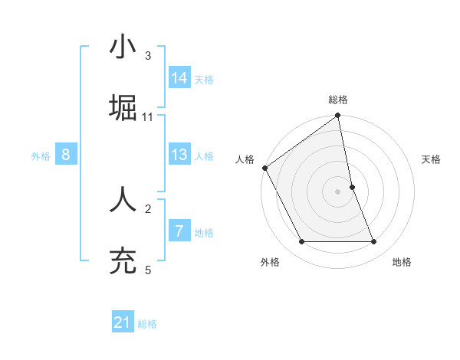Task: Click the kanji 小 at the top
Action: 123,47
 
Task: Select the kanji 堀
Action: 123,107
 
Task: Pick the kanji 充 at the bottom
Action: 123,260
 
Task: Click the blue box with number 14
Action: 179,78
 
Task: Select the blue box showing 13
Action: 179,155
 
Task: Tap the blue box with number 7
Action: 179,231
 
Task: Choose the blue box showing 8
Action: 66,155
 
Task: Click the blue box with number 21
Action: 123,323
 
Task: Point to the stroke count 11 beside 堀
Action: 148,117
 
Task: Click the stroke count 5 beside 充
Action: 148,270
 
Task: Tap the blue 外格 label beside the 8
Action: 41,156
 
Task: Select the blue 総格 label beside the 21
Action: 147,325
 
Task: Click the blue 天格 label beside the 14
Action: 204,80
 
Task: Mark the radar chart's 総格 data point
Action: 338,116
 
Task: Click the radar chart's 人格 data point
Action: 264,168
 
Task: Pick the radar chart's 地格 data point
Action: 374,242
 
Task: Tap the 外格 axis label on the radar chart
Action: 270,262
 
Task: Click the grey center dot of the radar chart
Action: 338,191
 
